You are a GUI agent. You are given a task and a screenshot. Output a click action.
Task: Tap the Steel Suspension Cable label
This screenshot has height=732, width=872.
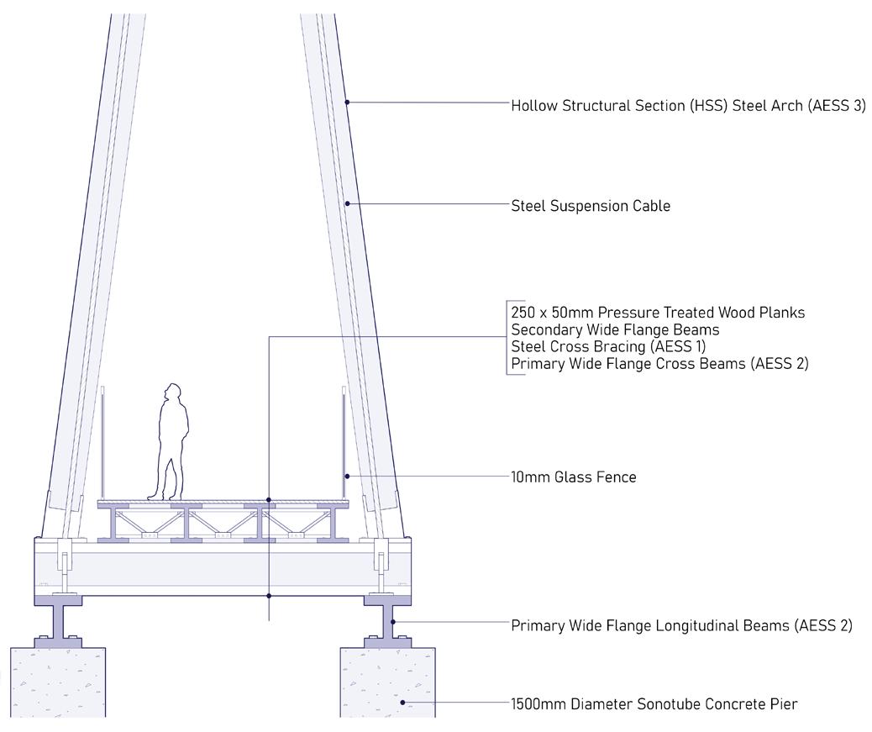click(591, 206)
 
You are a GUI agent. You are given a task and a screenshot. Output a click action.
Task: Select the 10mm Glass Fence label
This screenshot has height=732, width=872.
click(574, 477)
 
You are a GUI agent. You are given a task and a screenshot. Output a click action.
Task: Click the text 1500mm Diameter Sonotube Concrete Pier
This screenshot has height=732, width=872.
click(654, 704)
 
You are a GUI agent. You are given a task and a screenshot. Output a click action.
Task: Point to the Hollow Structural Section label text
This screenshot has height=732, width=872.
click(688, 106)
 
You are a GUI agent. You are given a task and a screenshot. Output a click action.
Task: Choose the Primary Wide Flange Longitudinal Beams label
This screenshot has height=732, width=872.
click(681, 625)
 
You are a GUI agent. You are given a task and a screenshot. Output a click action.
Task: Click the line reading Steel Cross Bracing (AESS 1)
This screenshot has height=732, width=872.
click(608, 347)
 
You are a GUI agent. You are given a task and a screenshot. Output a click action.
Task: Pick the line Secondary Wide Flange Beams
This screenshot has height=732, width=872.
click(615, 330)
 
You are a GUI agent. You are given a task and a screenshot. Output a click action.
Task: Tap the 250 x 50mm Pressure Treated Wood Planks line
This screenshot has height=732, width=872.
click(658, 313)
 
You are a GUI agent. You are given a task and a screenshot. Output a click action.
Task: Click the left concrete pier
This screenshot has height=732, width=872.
click(57, 681)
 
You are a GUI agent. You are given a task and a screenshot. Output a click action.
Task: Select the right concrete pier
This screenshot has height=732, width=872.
click(388, 681)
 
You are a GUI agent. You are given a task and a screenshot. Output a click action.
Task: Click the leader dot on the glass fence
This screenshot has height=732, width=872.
click(347, 477)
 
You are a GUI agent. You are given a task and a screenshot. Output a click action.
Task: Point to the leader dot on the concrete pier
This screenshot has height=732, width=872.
click(402, 703)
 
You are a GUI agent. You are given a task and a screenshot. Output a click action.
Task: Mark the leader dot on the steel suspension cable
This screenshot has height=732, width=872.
click(347, 204)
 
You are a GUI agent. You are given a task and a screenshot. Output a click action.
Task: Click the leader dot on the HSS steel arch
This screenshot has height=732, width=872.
click(347, 103)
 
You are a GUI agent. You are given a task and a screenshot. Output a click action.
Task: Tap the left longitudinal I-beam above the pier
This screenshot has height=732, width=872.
click(58, 622)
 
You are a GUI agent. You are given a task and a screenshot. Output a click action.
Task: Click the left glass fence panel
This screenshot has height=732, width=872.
click(102, 441)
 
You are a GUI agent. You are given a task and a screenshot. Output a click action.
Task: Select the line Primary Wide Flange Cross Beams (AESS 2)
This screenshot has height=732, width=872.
click(659, 364)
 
